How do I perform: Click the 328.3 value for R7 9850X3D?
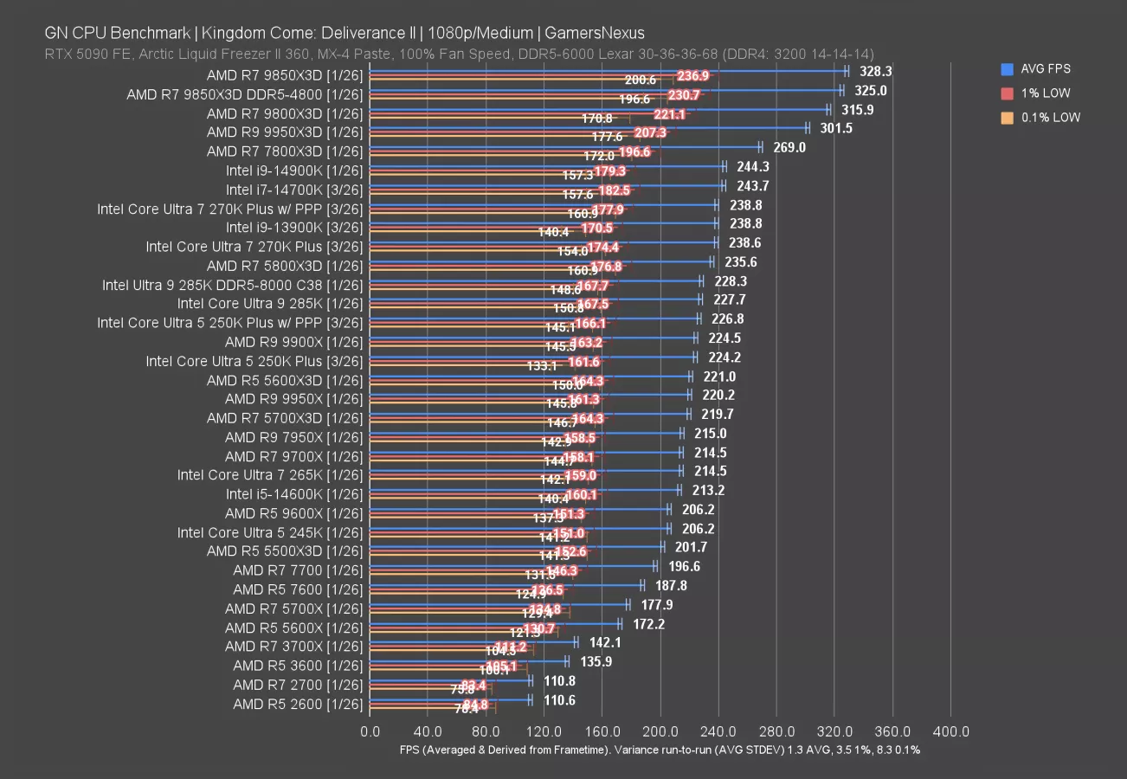(875, 71)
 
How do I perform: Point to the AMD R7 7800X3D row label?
(284, 151)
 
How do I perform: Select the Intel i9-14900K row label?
(294, 171)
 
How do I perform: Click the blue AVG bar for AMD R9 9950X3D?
(589, 127)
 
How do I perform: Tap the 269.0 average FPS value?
(789, 147)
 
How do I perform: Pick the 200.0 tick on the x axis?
(660, 731)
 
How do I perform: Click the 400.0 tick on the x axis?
(951, 731)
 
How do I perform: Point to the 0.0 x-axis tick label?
(370, 731)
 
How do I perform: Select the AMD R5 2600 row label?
(297, 704)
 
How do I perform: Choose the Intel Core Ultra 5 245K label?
(269, 532)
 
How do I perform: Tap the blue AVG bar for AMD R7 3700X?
(473, 641)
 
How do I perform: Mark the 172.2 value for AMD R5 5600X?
(648, 623)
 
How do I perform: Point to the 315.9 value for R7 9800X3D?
(857, 109)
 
